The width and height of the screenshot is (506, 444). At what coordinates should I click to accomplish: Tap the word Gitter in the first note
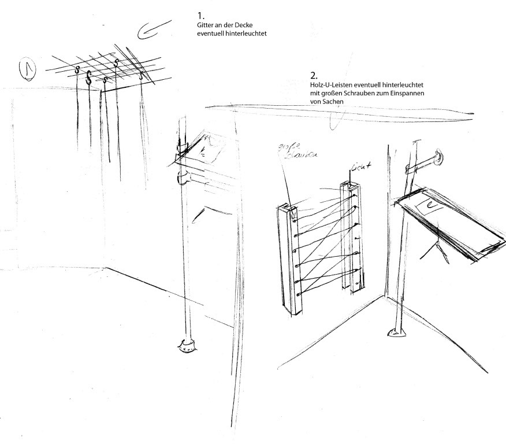pyautogui.click(x=204, y=26)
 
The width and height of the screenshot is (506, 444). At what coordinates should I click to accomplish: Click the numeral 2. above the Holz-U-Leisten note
pyautogui.click(x=314, y=76)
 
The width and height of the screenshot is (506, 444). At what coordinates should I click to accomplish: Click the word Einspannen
pyautogui.click(x=411, y=93)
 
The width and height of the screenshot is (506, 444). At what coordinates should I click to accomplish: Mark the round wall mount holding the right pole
pyautogui.click(x=440, y=157)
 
